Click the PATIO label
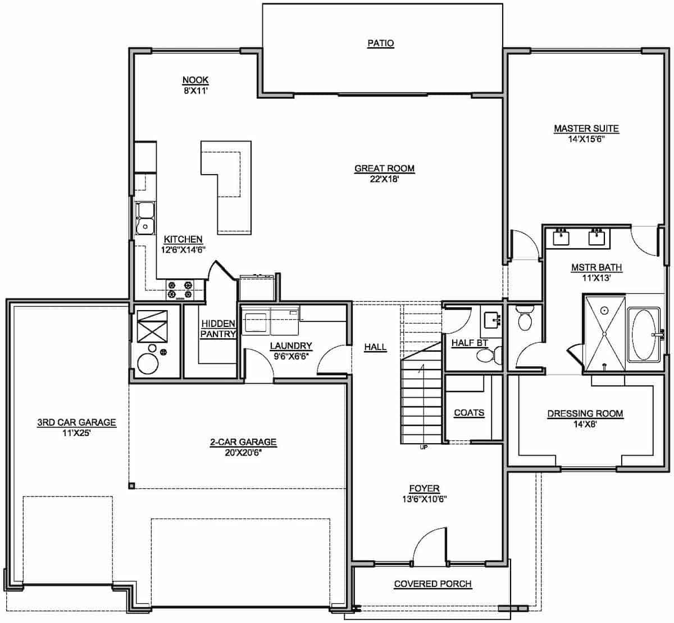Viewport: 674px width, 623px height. [x=380, y=43]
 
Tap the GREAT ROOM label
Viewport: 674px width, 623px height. [x=384, y=169]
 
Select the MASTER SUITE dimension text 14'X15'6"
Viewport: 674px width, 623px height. [x=586, y=138]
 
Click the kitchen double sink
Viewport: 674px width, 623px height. [x=146, y=217]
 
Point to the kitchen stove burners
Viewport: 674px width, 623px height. [x=179, y=289]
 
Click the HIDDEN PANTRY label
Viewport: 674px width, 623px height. [x=218, y=329]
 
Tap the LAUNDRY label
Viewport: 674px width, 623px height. [x=291, y=346]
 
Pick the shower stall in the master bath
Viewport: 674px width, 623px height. [x=604, y=333]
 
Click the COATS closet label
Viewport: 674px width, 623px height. [x=469, y=413]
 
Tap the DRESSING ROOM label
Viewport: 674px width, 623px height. [x=585, y=414]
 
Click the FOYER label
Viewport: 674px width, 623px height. [x=424, y=489]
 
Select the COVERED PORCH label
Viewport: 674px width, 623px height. [x=432, y=584]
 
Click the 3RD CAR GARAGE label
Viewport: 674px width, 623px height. [x=76, y=423]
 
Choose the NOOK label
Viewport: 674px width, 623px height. [x=195, y=80]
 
